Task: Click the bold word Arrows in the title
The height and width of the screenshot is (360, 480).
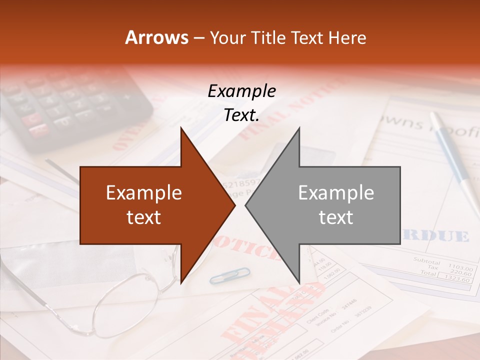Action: point(156,38)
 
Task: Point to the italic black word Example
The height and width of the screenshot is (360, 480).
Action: point(241,91)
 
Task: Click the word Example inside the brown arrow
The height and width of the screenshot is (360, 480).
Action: point(144,193)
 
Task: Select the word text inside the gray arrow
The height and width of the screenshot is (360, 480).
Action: point(336,217)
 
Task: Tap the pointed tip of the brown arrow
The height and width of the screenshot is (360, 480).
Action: point(234,205)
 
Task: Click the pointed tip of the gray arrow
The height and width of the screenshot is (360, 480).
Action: point(246,205)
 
